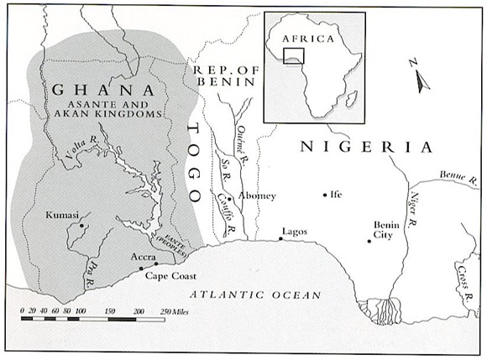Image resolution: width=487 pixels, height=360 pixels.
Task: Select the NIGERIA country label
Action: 366,148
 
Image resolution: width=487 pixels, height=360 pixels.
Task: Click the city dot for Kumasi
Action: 81,225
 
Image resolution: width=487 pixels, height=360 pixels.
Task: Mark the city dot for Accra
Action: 141,268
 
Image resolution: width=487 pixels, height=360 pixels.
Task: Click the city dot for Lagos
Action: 281,239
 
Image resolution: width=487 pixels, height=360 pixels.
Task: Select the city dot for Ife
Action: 325,195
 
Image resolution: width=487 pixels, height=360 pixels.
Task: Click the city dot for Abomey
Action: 229,199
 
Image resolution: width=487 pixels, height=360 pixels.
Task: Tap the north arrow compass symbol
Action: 418,74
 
